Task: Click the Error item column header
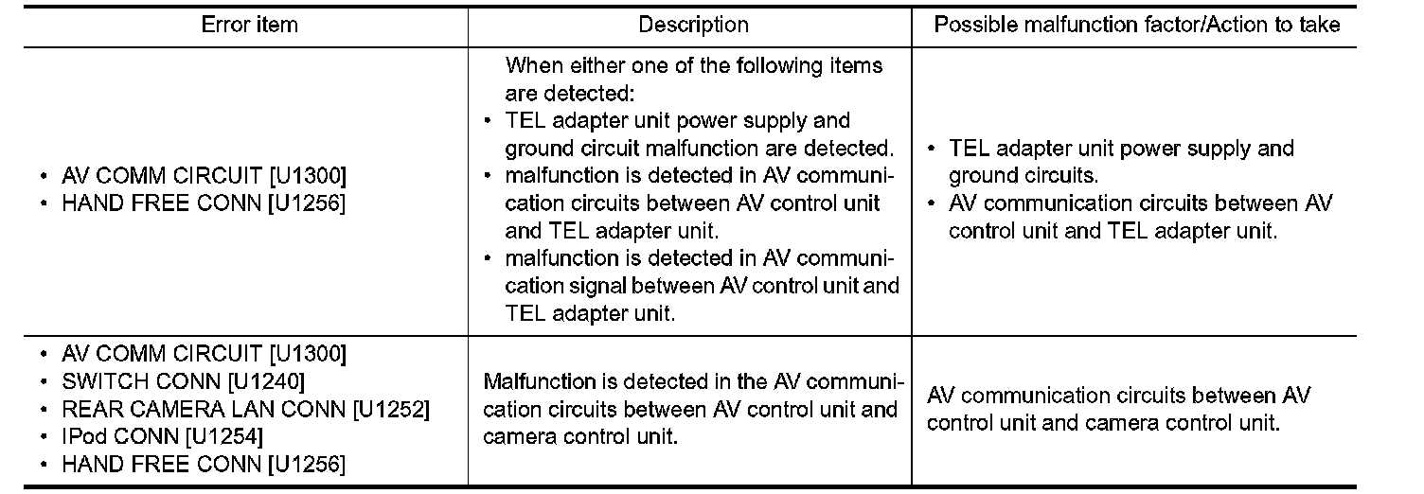[249, 26]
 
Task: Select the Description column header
[693, 26]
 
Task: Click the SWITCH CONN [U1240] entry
[184, 382]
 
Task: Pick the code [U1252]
[391, 410]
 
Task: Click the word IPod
[81, 437]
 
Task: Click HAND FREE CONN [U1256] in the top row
[204, 204]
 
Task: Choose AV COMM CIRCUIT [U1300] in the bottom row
[204, 355]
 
